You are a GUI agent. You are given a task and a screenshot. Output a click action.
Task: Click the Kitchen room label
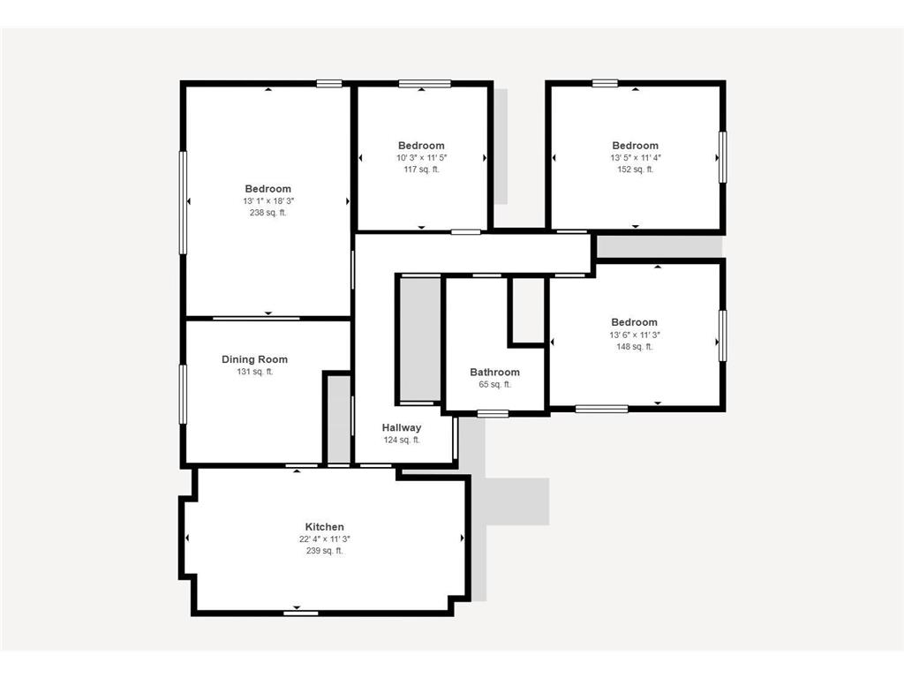pyautogui.click(x=325, y=527)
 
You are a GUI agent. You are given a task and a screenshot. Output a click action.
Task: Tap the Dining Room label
pyautogui.click(x=255, y=360)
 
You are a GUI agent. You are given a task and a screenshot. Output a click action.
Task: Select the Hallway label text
pyautogui.click(x=402, y=428)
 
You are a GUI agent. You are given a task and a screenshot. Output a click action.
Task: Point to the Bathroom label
pyautogui.click(x=494, y=373)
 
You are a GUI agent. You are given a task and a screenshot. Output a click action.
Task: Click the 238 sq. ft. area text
pyautogui.click(x=268, y=213)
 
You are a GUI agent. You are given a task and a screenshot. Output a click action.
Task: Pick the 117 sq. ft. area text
pyautogui.click(x=421, y=169)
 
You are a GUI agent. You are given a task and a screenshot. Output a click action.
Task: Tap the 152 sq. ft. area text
pyautogui.click(x=636, y=169)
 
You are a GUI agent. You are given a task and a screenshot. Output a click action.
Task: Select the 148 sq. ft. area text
pyautogui.click(x=635, y=347)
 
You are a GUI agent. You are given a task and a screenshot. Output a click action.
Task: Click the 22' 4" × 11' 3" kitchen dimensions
pyautogui.click(x=325, y=539)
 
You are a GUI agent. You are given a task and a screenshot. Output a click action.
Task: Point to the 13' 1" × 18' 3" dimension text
pyautogui.click(x=268, y=201)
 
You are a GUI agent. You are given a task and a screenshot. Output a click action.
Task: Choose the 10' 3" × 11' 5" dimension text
pyautogui.click(x=421, y=158)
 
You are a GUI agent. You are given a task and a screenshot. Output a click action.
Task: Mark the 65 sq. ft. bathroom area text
pyautogui.click(x=494, y=385)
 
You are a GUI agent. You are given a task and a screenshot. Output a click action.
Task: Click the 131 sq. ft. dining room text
pyautogui.click(x=255, y=372)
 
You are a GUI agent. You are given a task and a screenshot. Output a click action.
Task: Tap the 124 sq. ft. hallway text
pyautogui.click(x=402, y=441)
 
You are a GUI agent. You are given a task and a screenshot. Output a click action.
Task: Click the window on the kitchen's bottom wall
pyautogui.click(x=300, y=613)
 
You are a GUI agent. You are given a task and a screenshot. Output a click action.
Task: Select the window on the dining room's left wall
pyautogui.click(x=183, y=394)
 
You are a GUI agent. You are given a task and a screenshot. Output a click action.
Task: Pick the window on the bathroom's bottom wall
pyautogui.click(x=493, y=413)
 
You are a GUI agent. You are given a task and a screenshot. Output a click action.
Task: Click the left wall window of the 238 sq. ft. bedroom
pyautogui.click(x=183, y=202)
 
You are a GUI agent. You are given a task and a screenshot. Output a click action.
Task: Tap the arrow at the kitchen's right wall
pyautogui.click(x=463, y=538)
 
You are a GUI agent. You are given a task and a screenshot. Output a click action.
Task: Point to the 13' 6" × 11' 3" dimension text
pyautogui.click(x=635, y=335)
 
